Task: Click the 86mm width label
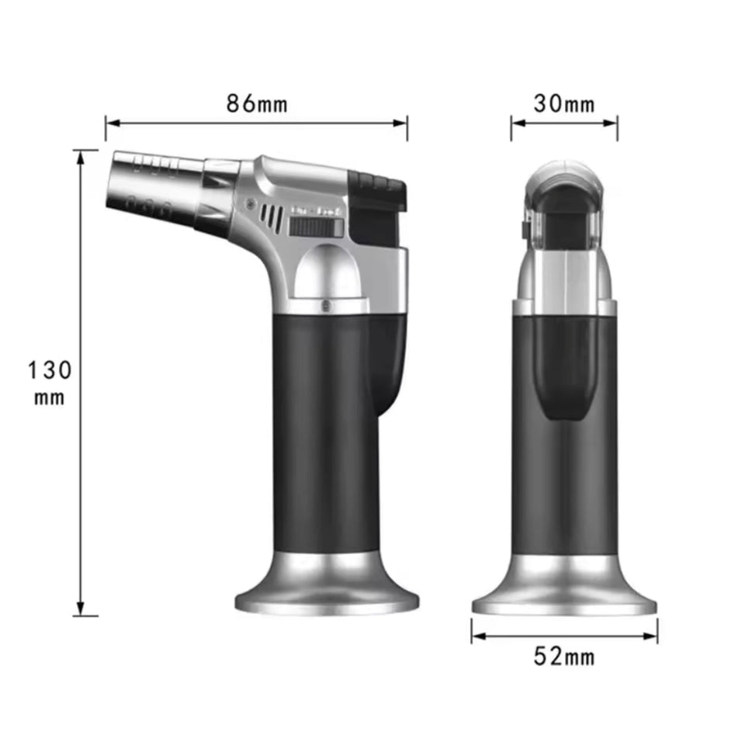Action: click(x=257, y=103)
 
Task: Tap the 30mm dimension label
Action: click(x=564, y=103)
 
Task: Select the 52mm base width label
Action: click(x=564, y=657)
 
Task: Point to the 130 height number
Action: click(x=50, y=369)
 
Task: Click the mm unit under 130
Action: click(x=49, y=397)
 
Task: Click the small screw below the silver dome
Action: click(x=325, y=304)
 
